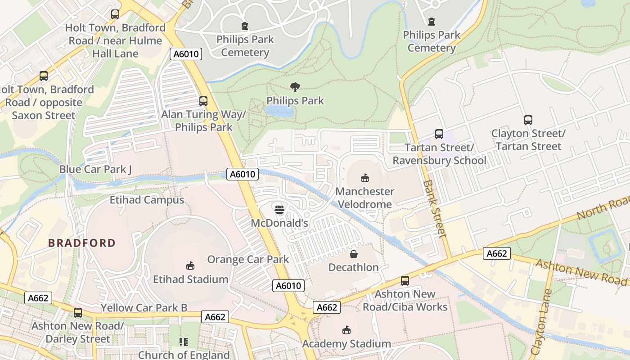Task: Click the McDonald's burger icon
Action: (x=279, y=209)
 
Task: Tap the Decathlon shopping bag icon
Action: (x=354, y=254)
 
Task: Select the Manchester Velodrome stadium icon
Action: (x=365, y=178)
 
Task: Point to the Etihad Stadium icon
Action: (x=190, y=266)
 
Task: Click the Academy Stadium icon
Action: (x=346, y=330)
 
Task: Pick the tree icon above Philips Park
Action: (x=295, y=87)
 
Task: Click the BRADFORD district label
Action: (x=82, y=243)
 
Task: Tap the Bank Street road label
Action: (x=435, y=209)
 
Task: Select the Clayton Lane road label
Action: (x=541, y=321)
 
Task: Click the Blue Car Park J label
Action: (x=95, y=169)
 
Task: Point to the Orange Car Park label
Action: (x=248, y=259)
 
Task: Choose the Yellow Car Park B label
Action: (x=144, y=308)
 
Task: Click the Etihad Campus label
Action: (x=147, y=200)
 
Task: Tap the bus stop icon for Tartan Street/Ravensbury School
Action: (x=439, y=134)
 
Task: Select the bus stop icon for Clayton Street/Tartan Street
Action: (x=528, y=120)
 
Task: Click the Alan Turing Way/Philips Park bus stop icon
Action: (x=203, y=101)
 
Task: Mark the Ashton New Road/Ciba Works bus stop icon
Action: (x=405, y=281)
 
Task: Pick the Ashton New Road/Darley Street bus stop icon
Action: (x=78, y=313)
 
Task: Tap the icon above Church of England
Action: (x=183, y=342)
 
